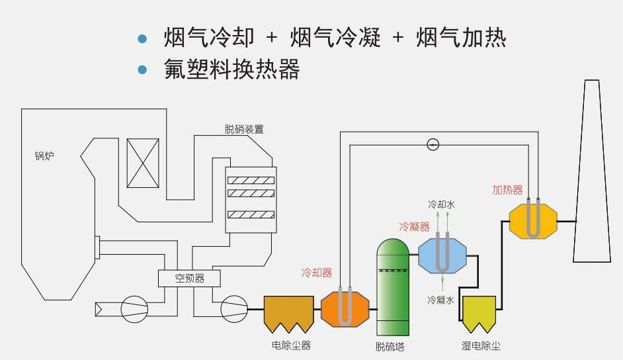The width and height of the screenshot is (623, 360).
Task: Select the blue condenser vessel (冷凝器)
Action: pos(442,255)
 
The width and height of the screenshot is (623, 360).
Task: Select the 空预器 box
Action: pos(190,279)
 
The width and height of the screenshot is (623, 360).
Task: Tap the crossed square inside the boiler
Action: pos(143,163)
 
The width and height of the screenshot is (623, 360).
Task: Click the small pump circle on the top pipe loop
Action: pos(433,144)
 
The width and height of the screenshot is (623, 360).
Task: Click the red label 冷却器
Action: pos(316,273)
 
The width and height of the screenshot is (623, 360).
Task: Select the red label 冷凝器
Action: pos(414,227)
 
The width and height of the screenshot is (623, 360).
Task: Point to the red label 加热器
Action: pos(507,189)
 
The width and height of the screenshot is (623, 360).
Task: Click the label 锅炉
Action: pos(44,157)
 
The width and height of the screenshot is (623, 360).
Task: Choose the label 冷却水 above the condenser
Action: pos(441,205)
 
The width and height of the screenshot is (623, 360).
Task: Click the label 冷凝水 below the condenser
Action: pos(440,300)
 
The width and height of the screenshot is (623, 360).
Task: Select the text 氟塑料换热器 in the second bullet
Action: pos(232,69)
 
